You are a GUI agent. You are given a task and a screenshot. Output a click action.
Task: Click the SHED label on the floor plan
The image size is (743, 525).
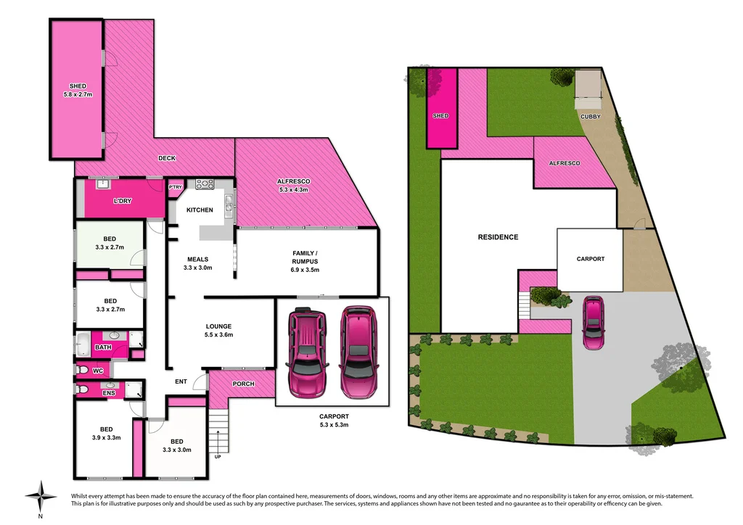[x=78, y=86]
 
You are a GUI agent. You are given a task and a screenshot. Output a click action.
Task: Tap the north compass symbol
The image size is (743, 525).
[x=41, y=497]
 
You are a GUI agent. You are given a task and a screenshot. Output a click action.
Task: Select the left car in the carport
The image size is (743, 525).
[x=307, y=352]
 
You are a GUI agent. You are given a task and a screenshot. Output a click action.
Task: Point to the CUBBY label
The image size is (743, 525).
[x=589, y=116]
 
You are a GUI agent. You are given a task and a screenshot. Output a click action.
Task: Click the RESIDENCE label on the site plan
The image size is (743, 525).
[x=498, y=237]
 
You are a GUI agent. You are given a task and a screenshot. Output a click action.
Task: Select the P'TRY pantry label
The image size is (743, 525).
[x=175, y=188]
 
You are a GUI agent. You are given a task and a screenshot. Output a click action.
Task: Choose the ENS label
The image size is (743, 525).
[x=109, y=394]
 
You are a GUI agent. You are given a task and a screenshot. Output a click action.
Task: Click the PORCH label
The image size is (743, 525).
[x=244, y=384]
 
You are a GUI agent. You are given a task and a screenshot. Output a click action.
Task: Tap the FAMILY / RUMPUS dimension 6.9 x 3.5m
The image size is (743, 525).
[x=305, y=269]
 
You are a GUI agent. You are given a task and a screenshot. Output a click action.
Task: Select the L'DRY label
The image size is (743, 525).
[x=123, y=201]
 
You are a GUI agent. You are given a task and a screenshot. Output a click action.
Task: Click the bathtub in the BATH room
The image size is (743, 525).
[x=84, y=343]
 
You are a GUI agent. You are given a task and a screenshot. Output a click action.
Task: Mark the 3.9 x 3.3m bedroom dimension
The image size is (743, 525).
[x=105, y=437]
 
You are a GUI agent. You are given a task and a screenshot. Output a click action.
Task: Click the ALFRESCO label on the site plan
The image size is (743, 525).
[x=565, y=164]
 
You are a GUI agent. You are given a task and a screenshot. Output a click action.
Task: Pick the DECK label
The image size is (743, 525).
[x=167, y=158]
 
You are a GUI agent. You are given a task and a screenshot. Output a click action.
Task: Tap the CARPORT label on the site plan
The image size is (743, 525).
[x=590, y=259]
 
